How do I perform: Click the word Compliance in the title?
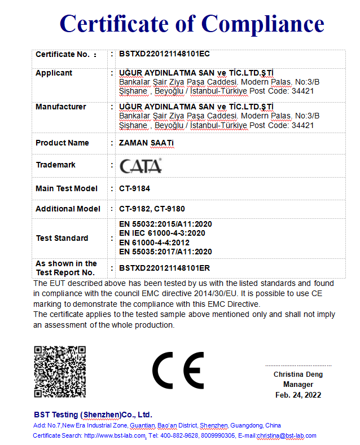[263, 24]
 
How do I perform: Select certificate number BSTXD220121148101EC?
[164, 54]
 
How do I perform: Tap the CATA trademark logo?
[141, 165]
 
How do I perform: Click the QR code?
[60, 372]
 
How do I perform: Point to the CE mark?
[178, 371]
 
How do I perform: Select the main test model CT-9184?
[134, 188]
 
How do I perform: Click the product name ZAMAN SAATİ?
[147, 143]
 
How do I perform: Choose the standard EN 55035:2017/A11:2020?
[165, 252]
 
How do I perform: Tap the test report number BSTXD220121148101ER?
[164, 268]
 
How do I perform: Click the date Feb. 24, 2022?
[298, 395]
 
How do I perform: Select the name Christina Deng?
[298, 374]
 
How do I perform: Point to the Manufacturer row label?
[61, 107]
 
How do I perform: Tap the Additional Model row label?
[68, 209]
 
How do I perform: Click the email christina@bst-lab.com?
[286, 435]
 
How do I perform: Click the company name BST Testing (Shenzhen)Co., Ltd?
[93, 414]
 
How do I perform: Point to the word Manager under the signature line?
[298, 385]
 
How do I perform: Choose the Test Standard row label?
[62, 238]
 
